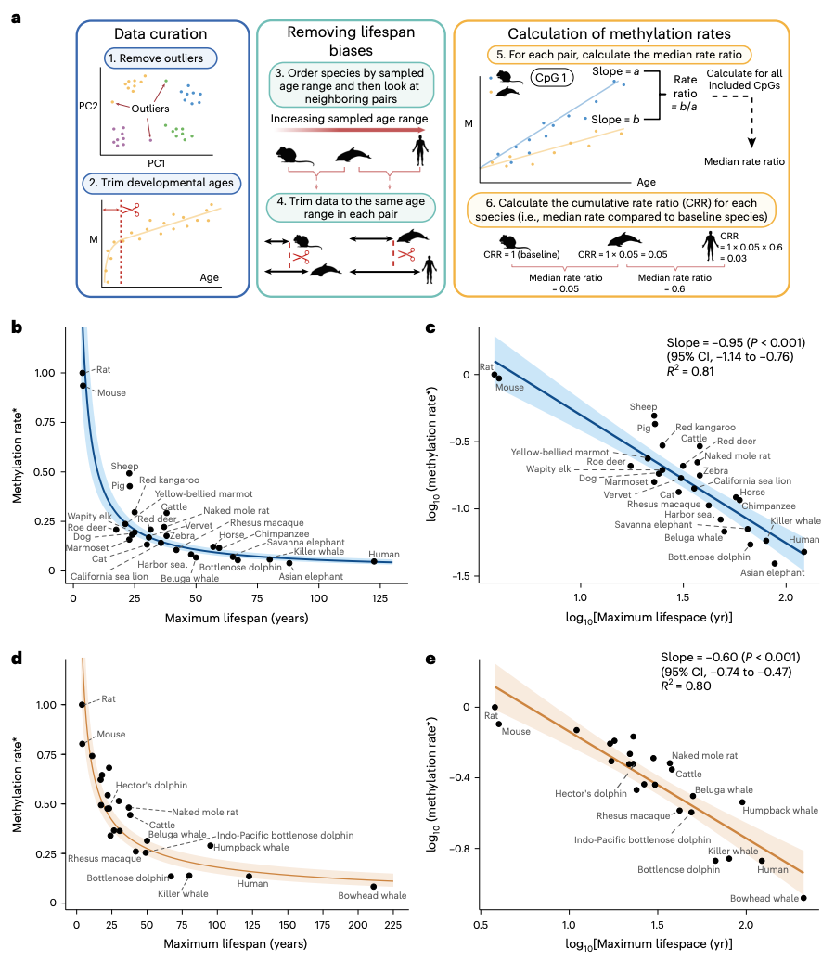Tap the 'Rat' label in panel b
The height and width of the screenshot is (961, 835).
(x=104, y=369)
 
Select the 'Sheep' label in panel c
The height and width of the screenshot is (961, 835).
(x=643, y=406)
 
